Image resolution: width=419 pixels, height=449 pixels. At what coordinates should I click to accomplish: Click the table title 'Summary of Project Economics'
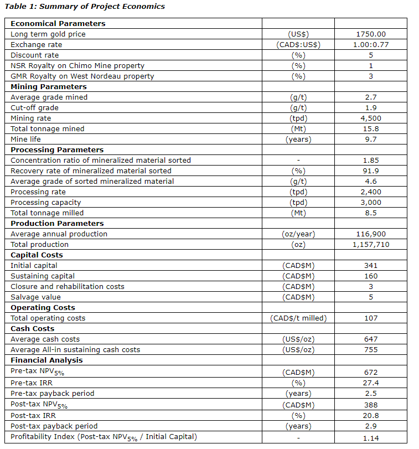pyautogui.click(x=84, y=7)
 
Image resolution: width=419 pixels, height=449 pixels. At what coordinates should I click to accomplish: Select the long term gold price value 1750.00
pyautogui.click(x=370, y=34)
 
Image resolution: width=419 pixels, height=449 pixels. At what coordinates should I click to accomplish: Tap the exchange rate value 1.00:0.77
pyautogui.click(x=370, y=45)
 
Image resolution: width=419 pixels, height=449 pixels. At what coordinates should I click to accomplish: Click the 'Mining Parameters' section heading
pyautogui.click(x=49, y=87)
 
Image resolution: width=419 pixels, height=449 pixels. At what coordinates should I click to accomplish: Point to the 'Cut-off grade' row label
pyautogui.click(x=34, y=108)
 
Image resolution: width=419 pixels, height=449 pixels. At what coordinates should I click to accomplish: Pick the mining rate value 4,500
pyautogui.click(x=370, y=118)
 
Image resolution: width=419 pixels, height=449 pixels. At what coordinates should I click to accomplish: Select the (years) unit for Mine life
pyautogui.click(x=298, y=140)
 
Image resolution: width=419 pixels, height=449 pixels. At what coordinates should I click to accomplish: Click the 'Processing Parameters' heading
pyautogui.click(x=56, y=150)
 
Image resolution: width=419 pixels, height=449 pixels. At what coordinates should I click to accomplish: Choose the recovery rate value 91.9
pyautogui.click(x=370, y=171)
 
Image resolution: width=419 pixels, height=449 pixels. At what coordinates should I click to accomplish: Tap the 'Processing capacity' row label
pyautogui.click(x=43, y=203)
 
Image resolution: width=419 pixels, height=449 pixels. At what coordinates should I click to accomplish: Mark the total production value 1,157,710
pyautogui.click(x=370, y=245)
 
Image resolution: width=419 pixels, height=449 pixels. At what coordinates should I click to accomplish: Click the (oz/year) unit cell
pyautogui.click(x=298, y=234)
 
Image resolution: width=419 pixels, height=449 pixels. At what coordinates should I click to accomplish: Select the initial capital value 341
pyautogui.click(x=370, y=266)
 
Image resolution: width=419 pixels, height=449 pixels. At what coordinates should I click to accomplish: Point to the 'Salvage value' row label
pyautogui.click(x=35, y=297)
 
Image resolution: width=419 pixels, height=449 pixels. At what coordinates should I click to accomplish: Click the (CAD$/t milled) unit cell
pyautogui.click(x=298, y=318)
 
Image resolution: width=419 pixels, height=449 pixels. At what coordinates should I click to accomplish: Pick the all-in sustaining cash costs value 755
pyautogui.click(x=370, y=350)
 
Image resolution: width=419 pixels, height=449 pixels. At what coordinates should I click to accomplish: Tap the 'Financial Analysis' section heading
pyautogui.click(x=46, y=360)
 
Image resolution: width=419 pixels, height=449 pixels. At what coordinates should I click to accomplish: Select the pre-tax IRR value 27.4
pyautogui.click(x=370, y=383)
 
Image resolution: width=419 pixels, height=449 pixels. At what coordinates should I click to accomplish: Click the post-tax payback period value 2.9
pyautogui.click(x=370, y=426)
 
